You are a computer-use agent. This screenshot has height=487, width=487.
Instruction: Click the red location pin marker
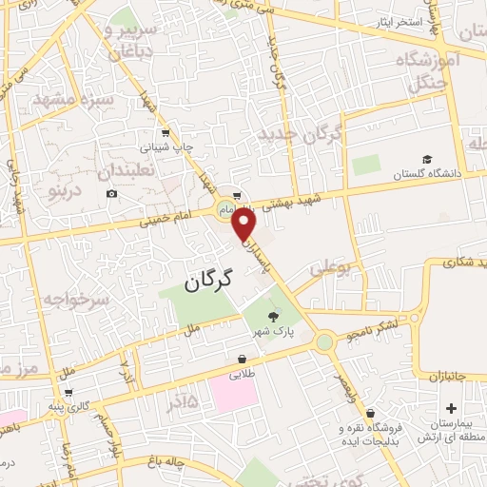click(x=245, y=224)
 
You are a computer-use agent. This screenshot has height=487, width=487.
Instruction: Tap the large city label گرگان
click(x=207, y=281)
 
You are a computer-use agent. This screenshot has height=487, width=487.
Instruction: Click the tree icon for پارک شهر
click(x=274, y=318)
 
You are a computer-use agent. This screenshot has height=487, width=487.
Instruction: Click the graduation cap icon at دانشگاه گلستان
click(x=427, y=159)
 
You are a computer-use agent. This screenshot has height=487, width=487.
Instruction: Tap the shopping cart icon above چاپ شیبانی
click(x=166, y=133)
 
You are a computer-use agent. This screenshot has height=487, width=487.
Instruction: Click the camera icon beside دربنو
click(x=111, y=194)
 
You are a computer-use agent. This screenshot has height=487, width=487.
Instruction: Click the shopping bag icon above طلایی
click(x=243, y=360)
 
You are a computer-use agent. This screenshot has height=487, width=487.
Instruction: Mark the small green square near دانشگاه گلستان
click(x=366, y=165)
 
